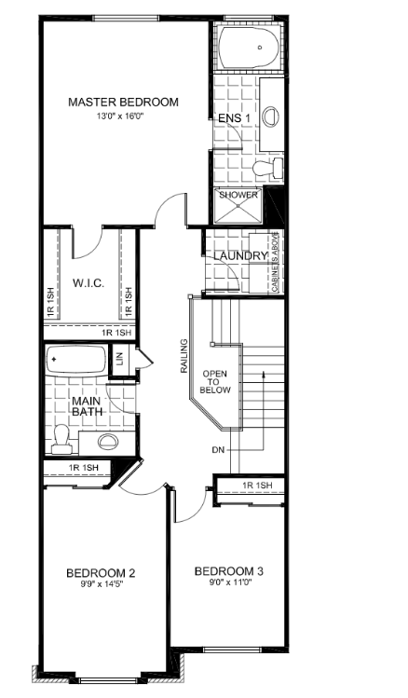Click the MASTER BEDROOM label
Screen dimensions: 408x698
point(123,102)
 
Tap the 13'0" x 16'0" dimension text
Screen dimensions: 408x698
point(122,116)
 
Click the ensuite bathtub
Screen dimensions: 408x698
point(249,48)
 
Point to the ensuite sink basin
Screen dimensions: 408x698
point(270,116)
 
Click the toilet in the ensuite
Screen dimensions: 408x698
point(268,168)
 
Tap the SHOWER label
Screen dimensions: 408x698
point(238,195)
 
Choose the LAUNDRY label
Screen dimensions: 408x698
point(240,256)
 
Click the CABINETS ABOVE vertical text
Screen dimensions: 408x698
point(275,262)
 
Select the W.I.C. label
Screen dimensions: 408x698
point(88,283)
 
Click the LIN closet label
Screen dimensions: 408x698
point(119,359)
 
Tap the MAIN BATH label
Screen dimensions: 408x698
point(87,406)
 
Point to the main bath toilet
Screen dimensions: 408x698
point(61,439)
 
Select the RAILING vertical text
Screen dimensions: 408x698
point(184,356)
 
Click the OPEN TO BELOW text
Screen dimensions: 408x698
point(215,382)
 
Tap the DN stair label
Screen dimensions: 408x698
point(218,450)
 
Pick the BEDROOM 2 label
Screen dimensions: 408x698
point(101,573)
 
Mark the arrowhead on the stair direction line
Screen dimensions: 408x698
point(264,374)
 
